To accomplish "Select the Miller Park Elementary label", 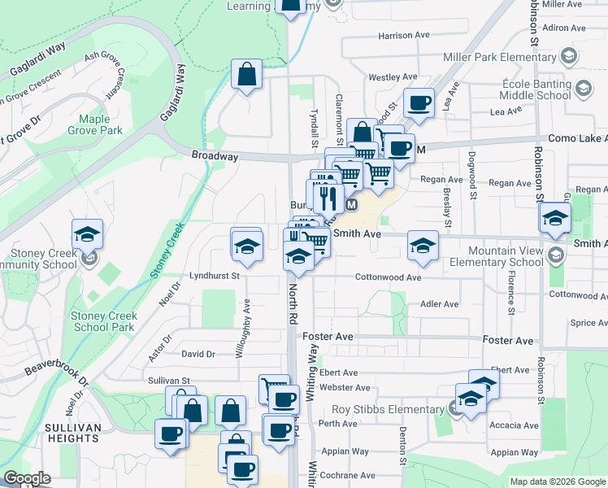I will pyautogui.click(x=499, y=57).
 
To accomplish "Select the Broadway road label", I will pyautogui.click(x=215, y=155).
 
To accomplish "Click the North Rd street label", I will pyautogui.click(x=290, y=301).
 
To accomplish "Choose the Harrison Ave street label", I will pyautogui.click(x=404, y=36).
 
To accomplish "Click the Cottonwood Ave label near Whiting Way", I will pyautogui.click(x=388, y=277).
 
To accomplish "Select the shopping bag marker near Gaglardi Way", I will pyautogui.click(x=246, y=75).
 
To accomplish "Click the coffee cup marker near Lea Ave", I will pyautogui.click(x=419, y=103).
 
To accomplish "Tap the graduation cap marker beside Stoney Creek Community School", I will pyautogui.click(x=87, y=234).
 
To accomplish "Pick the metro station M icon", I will pyautogui.click(x=352, y=205).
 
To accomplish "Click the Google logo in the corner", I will pyautogui.click(x=27, y=478).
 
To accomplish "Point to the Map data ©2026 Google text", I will pyautogui.click(x=558, y=481).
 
